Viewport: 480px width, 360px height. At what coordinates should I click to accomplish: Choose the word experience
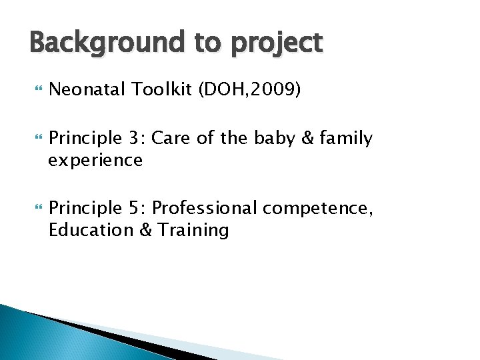(x=95, y=161)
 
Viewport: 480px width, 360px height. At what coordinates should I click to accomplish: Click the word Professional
(x=205, y=208)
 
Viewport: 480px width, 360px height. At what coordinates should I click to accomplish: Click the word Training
(x=193, y=231)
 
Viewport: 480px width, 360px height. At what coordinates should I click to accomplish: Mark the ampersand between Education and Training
(x=146, y=230)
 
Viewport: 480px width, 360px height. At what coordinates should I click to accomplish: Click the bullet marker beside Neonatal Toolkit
(x=37, y=90)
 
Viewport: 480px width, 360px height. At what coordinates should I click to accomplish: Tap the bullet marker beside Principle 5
(x=37, y=209)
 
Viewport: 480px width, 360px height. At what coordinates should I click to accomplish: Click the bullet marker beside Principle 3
(x=37, y=139)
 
